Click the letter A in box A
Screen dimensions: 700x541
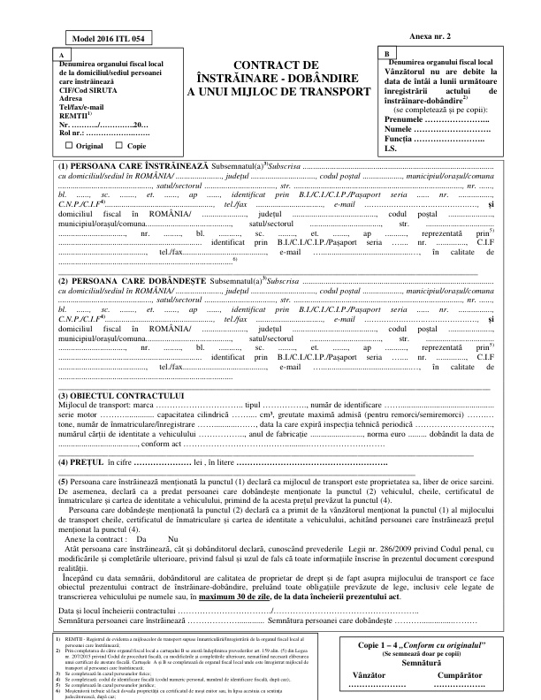60,55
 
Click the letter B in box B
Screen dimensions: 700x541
386,55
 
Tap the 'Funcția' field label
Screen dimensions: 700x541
406,140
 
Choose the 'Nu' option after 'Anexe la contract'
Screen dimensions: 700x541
173,538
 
